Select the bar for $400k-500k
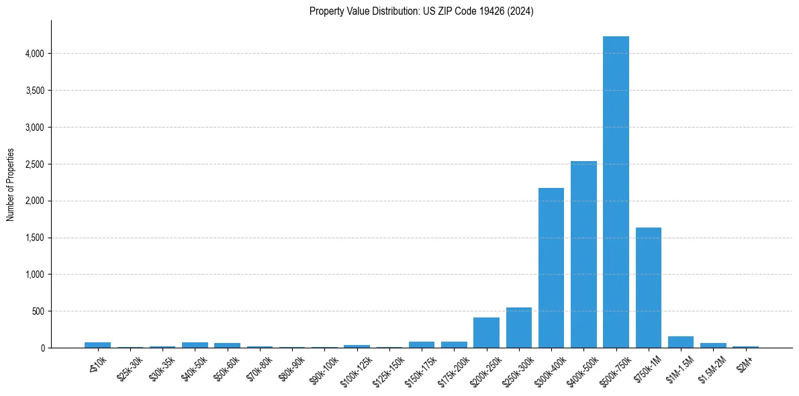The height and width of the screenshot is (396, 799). (583, 254)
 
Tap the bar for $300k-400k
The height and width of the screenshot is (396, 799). (551, 268)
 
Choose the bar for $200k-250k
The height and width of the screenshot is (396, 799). (486, 332)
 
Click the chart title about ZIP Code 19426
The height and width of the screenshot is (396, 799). (421, 11)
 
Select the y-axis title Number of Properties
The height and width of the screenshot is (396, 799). (11, 185)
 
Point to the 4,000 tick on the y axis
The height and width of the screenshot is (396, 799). (34, 54)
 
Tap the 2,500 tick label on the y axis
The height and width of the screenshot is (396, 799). (34, 164)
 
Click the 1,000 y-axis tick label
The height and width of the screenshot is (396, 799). (34, 275)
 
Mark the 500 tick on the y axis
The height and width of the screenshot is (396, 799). (38, 311)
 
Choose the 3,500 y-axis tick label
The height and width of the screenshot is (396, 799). (34, 91)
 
